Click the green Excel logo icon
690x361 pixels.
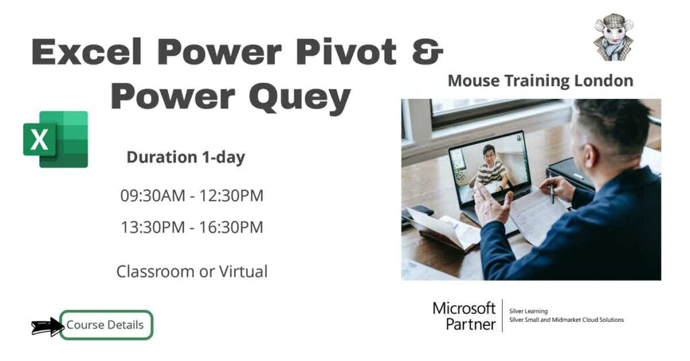[x=56, y=139]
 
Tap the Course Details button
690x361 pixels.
[x=105, y=325]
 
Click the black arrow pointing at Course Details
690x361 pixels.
[x=46, y=327]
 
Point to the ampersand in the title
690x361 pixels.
[x=427, y=53]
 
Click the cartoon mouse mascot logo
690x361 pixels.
[x=613, y=37]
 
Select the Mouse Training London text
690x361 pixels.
[x=540, y=81]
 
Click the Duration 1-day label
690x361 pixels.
[x=185, y=158]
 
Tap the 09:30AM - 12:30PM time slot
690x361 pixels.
[x=191, y=196]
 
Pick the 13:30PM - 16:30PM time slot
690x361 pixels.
[x=191, y=228]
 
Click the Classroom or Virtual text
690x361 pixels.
[x=191, y=271]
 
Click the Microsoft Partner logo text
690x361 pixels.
[x=464, y=316]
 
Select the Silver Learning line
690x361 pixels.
[x=529, y=311]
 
